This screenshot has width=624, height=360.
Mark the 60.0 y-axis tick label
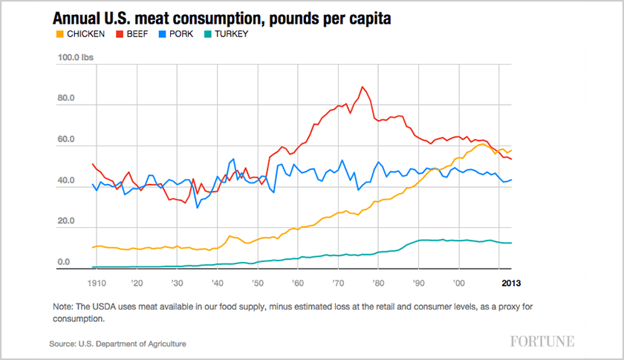(x=68, y=140)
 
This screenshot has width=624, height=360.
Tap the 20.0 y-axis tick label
(x=68, y=222)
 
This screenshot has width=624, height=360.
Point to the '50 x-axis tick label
(x=258, y=283)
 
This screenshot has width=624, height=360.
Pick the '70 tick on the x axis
(x=338, y=283)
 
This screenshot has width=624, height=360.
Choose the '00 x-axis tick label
(x=459, y=283)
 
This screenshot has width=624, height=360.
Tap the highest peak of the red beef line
(x=363, y=87)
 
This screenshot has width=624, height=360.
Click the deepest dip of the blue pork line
(x=198, y=207)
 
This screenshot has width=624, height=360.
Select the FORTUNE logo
(x=542, y=341)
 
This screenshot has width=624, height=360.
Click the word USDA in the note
(x=110, y=307)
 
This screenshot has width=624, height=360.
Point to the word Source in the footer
(x=64, y=344)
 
